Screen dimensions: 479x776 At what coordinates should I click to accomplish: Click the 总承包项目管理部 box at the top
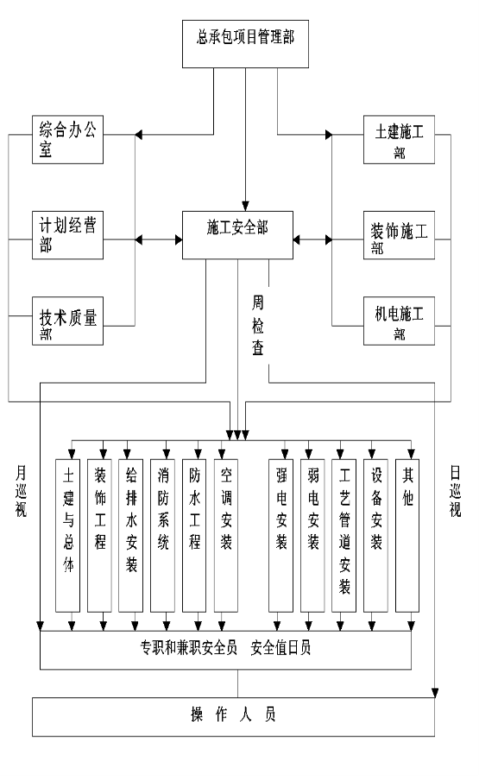coord(245,44)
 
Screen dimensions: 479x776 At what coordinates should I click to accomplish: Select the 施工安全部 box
coord(237,235)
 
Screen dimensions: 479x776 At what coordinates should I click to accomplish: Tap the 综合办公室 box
coord(67,140)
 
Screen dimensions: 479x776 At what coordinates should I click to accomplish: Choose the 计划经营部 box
coord(67,235)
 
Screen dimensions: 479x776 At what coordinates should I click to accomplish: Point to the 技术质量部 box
coord(67,321)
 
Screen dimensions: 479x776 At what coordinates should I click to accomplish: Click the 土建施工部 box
coord(399,140)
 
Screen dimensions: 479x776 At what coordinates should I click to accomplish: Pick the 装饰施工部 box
coord(399,235)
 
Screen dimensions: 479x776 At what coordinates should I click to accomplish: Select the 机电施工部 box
coord(399,321)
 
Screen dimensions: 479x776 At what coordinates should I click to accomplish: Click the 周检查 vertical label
coord(258,325)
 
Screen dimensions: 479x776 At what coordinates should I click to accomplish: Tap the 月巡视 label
coord(21,491)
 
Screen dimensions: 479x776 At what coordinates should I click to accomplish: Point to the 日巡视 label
coord(456,491)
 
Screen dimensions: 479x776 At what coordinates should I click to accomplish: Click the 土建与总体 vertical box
coord(67,536)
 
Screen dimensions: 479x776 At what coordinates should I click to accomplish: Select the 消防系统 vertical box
coord(162,536)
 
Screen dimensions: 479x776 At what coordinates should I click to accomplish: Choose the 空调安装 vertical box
coord(226,536)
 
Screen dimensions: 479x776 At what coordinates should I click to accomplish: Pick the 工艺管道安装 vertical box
coord(344,536)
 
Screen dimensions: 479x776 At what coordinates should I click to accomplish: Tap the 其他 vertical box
coord(407,536)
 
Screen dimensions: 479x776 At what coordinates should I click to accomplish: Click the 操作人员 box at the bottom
coord(233,717)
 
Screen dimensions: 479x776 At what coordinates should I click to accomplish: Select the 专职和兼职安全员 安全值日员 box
coord(225,651)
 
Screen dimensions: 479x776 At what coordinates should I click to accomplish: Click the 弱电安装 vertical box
coord(312,536)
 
